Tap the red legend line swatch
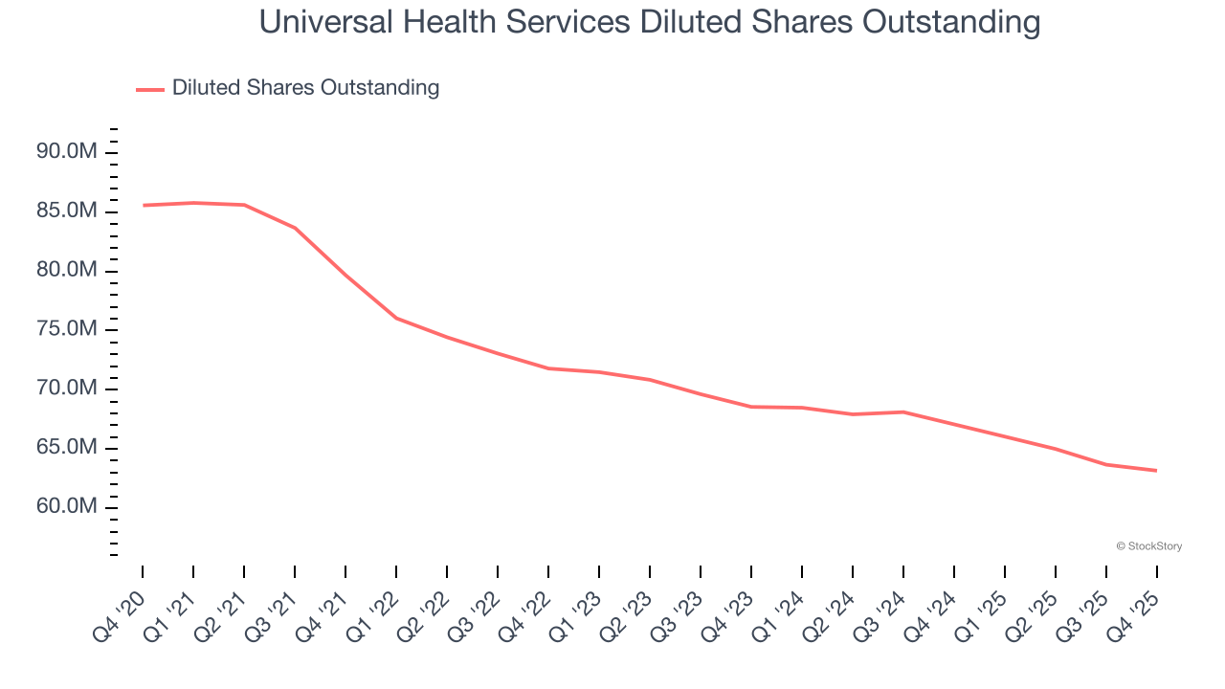coord(150,89)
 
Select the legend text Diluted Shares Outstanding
coord(305,88)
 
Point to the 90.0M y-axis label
coord(66,151)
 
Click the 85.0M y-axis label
coord(66,211)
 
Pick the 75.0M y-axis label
coord(66,329)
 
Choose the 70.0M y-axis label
coord(66,389)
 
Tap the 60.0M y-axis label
coord(66,506)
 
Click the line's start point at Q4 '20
coord(144,205)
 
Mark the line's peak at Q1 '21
coord(193,203)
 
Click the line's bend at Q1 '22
coord(396,318)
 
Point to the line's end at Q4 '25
coord(1156,470)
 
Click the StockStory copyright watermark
coord(1148,546)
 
